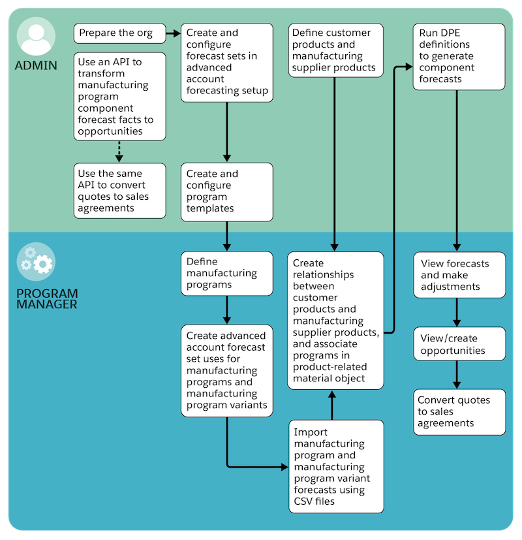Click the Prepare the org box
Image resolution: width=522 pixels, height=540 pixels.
(x=119, y=33)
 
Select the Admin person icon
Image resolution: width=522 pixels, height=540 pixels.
(x=35, y=37)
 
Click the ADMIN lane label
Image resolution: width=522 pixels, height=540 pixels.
(x=36, y=65)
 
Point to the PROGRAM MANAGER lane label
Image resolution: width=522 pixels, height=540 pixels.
(x=47, y=298)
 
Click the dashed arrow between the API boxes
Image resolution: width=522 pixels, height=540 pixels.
(x=119, y=151)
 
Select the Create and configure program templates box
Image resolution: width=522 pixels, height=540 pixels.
(x=226, y=191)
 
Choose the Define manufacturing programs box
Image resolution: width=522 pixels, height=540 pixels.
(x=226, y=274)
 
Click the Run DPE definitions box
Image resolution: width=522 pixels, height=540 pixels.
(x=459, y=57)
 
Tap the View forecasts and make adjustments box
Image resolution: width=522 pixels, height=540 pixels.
(x=459, y=275)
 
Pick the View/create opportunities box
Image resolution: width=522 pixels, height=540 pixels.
(x=459, y=344)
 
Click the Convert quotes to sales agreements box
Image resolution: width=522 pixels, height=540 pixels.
(x=459, y=411)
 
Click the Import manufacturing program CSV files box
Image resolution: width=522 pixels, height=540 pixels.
(x=335, y=466)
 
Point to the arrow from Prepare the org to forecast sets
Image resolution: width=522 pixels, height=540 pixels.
(x=173, y=33)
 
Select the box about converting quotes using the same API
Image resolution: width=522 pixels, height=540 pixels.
(x=119, y=191)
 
